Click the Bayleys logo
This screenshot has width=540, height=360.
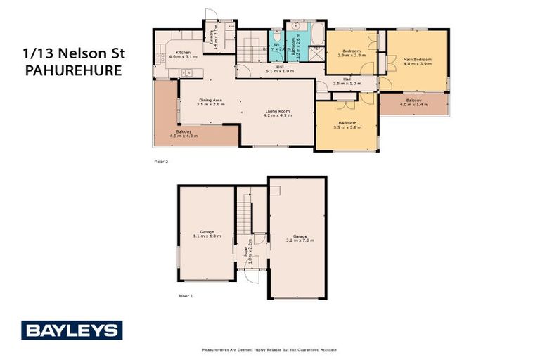72,330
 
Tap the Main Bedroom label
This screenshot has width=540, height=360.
418,61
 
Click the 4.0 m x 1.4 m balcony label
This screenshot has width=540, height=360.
413,103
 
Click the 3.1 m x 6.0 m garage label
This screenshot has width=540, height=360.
206,234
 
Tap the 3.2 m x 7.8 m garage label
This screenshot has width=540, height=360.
300,238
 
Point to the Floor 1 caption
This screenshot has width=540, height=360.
185,296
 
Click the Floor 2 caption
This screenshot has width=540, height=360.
162,161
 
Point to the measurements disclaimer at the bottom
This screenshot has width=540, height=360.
270,349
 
